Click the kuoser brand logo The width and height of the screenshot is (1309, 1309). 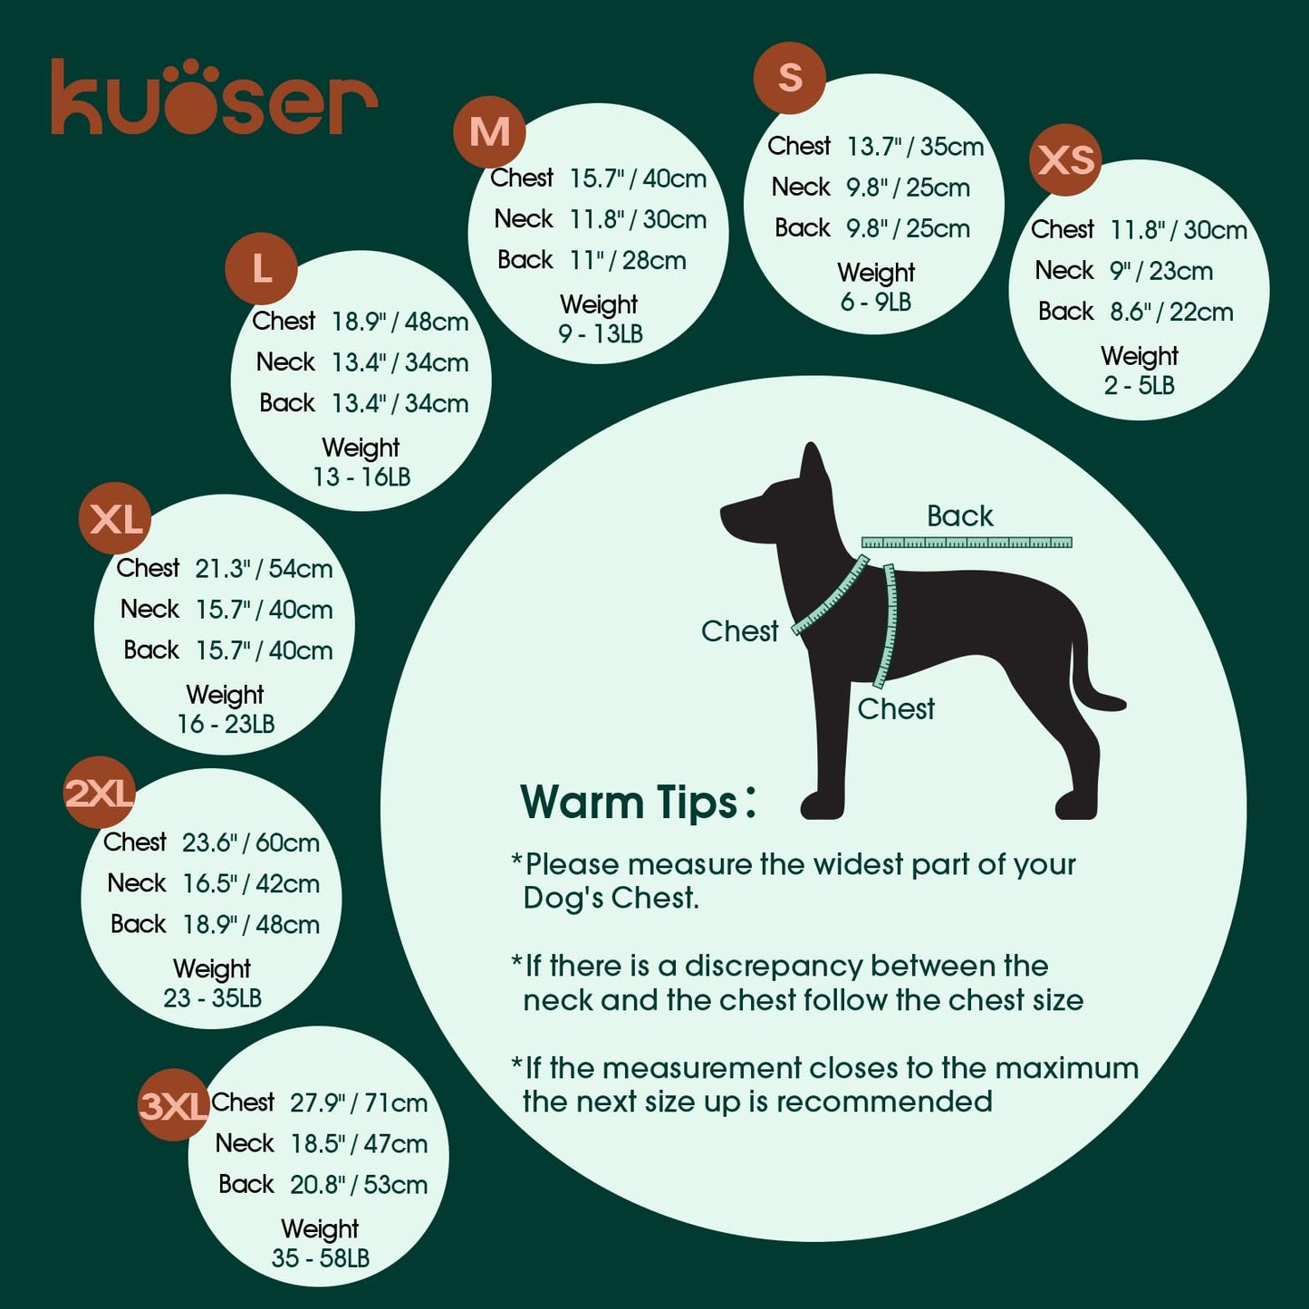[x=214, y=98]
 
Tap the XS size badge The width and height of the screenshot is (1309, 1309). [x=1065, y=160]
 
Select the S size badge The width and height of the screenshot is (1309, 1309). [x=790, y=77]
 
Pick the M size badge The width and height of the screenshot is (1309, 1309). [x=489, y=132]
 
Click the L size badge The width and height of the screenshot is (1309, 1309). [x=262, y=268]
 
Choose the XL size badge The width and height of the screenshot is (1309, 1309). [x=116, y=519]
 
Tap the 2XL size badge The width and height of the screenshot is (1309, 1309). [x=100, y=793]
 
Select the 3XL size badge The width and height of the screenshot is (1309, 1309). [x=173, y=1105]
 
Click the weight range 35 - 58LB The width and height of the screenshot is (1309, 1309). [x=321, y=1258]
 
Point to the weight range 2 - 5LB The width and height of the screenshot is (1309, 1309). [x=1139, y=386]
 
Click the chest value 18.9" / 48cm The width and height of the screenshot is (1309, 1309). [x=399, y=322]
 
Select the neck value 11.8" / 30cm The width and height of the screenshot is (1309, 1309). [x=638, y=220]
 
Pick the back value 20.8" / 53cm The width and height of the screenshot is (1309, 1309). [x=359, y=1185]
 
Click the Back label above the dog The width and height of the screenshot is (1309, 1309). [x=959, y=516]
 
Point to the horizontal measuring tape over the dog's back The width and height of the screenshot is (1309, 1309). [x=966, y=543]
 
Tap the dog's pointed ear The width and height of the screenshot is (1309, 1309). [x=812, y=465]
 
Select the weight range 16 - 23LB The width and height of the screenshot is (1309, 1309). [x=226, y=725]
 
